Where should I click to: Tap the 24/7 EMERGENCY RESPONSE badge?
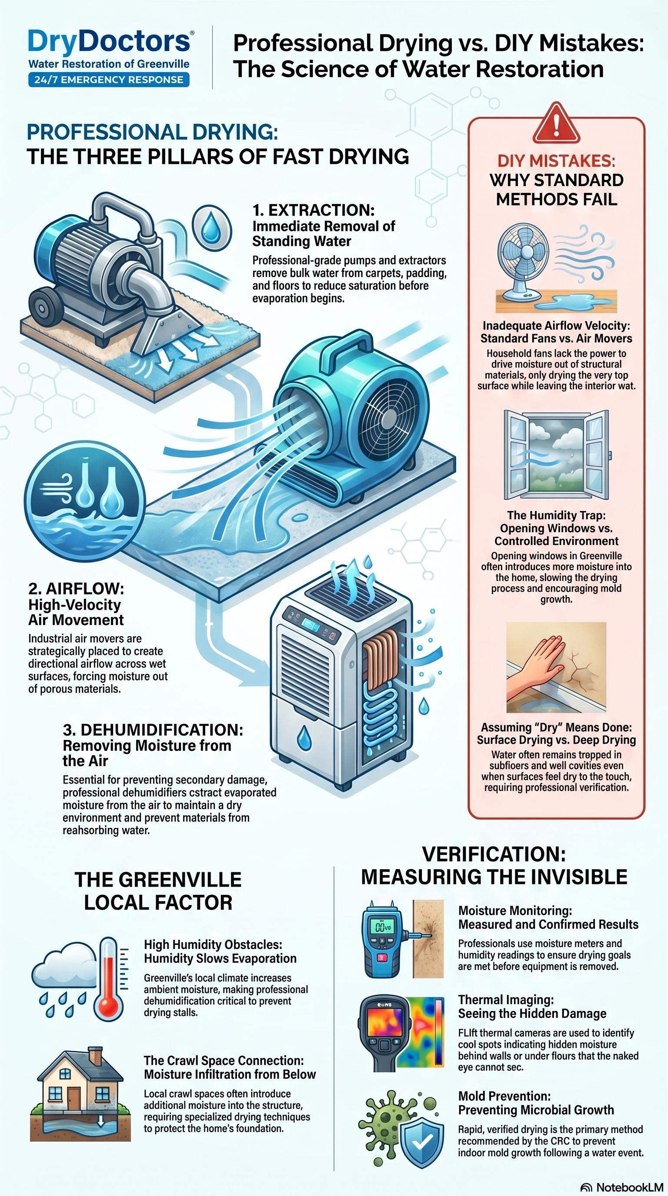pyautogui.click(x=109, y=80)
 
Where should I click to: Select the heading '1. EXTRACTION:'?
pyautogui.click(x=314, y=210)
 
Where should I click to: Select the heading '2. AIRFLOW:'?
pyautogui.click(x=76, y=589)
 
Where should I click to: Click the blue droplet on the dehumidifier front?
pyautogui.click(x=304, y=738)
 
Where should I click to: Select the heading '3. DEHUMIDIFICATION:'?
pyautogui.click(x=153, y=730)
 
